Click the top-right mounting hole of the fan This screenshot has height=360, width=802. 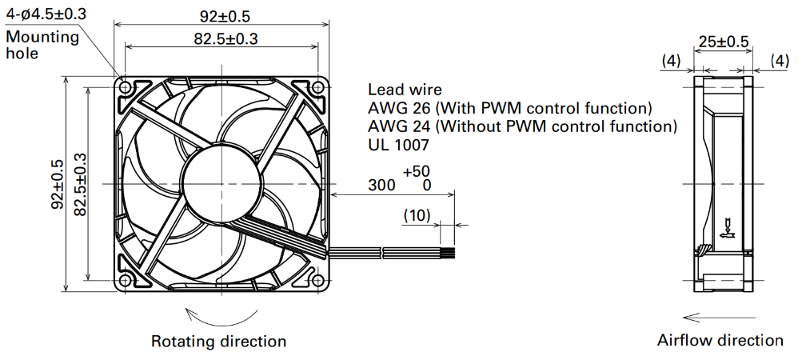click(317, 87)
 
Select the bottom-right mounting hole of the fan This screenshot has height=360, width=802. click(317, 280)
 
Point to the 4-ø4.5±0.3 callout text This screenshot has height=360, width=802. click(46, 14)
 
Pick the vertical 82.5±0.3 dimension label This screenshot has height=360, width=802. click(80, 183)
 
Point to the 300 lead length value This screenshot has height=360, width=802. click(382, 185)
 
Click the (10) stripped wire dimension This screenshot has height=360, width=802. click(417, 215)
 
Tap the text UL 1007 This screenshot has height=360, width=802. click(398, 146)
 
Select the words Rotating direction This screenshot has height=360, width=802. click(219, 341)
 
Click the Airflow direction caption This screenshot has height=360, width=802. click(720, 340)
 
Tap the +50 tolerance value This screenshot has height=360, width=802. click(417, 171)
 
